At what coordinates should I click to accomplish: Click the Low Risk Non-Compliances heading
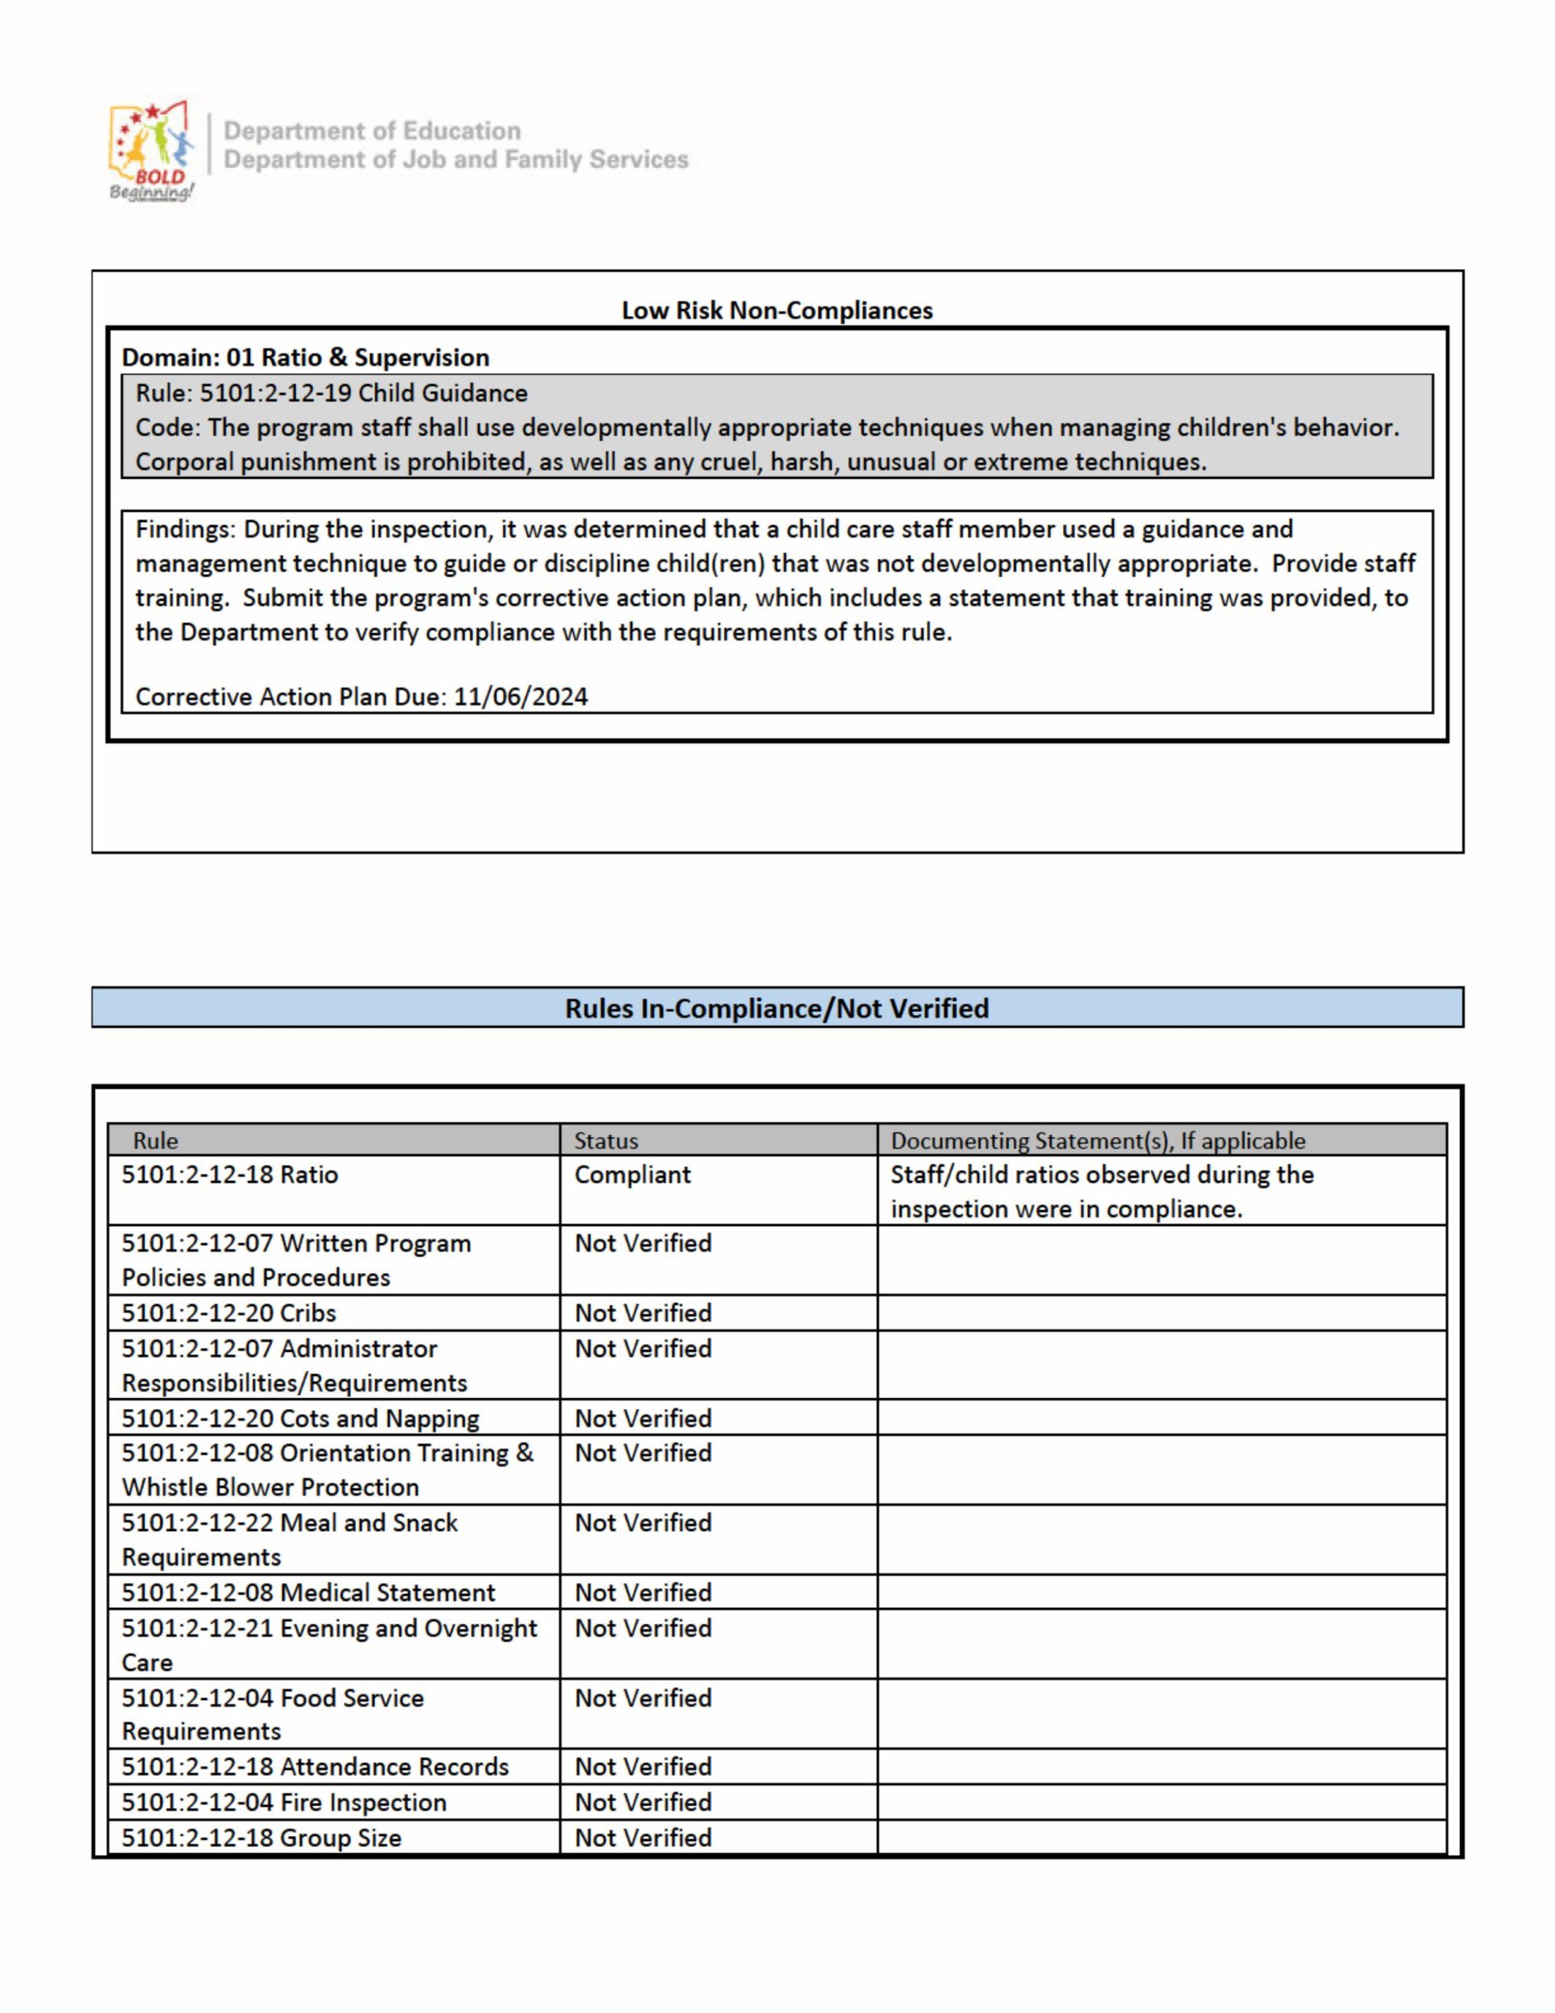click(x=777, y=311)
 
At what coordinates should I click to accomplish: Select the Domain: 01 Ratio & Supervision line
click(x=305, y=358)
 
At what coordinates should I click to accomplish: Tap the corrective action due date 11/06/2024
click(x=520, y=697)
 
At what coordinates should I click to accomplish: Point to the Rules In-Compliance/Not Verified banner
click(x=777, y=1007)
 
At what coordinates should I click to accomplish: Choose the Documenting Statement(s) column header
click(x=1097, y=1140)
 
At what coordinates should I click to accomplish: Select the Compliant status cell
click(x=632, y=1176)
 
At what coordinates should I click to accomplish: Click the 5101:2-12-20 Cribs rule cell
click(x=229, y=1312)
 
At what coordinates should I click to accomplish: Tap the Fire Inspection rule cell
click(x=284, y=1802)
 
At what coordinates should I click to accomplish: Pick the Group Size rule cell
click(x=262, y=1838)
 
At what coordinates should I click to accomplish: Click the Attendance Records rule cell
click(x=315, y=1766)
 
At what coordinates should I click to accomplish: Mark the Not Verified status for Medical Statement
click(x=642, y=1592)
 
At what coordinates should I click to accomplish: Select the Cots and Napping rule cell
click(x=300, y=1418)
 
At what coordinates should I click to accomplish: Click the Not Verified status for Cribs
click(x=642, y=1312)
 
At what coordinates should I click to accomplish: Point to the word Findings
click(x=186, y=530)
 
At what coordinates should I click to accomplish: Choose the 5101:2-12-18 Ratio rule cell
click(x=230, y=1176)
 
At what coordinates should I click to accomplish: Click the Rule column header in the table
click(x=155, y=1140)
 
